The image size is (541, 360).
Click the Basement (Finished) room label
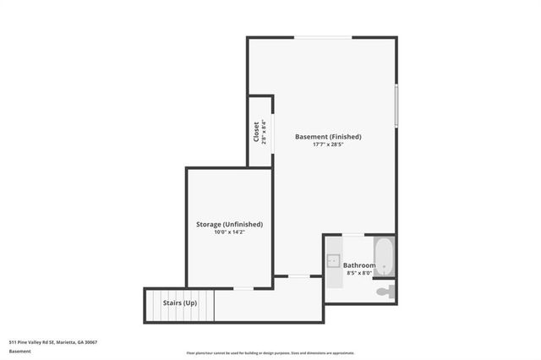point(328,136)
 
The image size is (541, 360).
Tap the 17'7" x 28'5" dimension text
point(328,145)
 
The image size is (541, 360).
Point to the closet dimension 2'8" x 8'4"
point(264,132)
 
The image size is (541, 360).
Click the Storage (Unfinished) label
point(229,224)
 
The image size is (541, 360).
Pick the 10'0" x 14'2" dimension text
point(229,232)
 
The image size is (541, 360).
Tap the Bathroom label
point(359,265)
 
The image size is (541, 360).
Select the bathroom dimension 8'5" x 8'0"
point(359,273)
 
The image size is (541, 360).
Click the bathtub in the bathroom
point(385,255)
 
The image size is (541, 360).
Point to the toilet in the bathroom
point(385,292)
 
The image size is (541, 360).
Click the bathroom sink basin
point(333,260)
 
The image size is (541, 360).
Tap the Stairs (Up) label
point(179,303)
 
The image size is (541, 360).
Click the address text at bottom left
point(53,342)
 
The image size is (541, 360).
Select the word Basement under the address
point(20,351)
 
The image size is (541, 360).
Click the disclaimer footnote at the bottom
point(270,353)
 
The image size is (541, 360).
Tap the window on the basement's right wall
point(396,105)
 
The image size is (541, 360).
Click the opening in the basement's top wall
point(322,37)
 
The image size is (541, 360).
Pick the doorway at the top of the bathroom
point(353,235)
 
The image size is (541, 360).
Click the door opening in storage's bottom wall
point(243,288)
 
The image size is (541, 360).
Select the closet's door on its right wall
point(272,133)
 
